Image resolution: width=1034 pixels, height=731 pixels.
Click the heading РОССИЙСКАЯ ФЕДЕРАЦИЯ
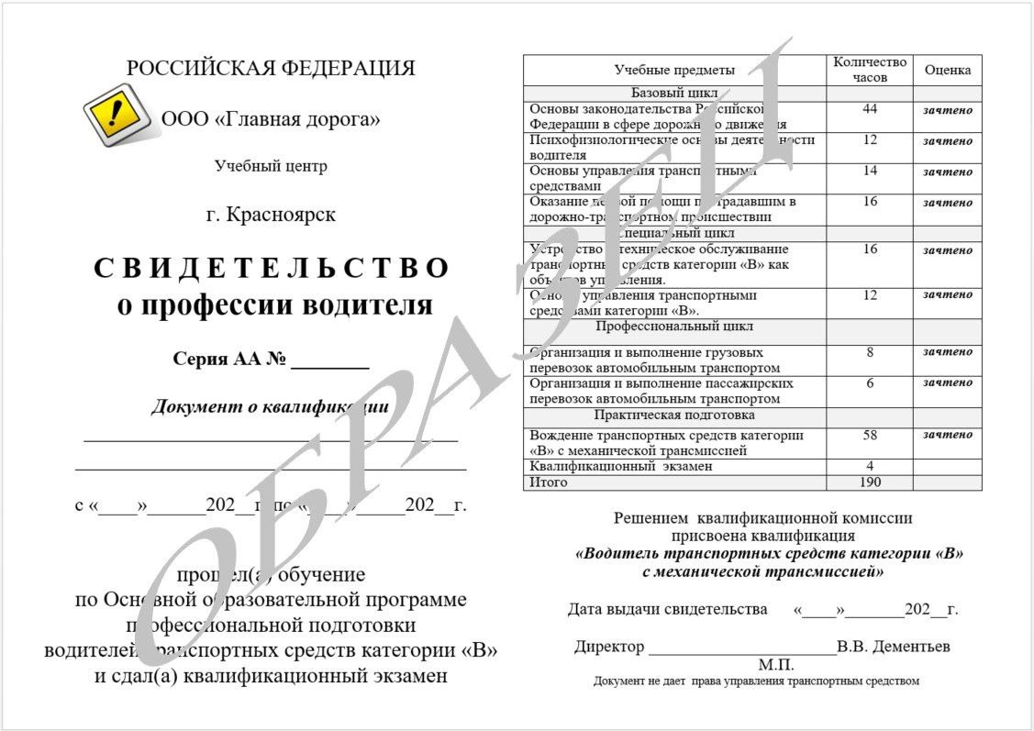(271, 69)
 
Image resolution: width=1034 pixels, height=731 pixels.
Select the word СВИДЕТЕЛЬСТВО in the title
(272, 268)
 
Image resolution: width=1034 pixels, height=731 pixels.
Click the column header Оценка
(947, 71)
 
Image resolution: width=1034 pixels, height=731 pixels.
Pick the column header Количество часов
(869, 70)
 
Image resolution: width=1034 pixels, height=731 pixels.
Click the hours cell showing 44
(870, 109)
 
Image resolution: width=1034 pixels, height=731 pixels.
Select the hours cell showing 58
(870, 435)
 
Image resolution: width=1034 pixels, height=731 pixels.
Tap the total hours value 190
(870, 482)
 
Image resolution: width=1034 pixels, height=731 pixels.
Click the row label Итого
(549, 482)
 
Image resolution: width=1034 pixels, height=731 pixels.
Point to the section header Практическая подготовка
(674, 415)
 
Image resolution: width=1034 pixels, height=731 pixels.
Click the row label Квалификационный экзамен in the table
(621, 466)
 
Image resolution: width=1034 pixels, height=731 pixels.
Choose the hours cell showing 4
(870, 466)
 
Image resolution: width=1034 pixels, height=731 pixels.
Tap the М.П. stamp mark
(775, 664)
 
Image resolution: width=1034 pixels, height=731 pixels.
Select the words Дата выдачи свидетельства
(667, 609)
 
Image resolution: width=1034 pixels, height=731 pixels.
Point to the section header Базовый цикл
(674, 94)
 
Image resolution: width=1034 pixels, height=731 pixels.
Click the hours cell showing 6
(870, 383)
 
